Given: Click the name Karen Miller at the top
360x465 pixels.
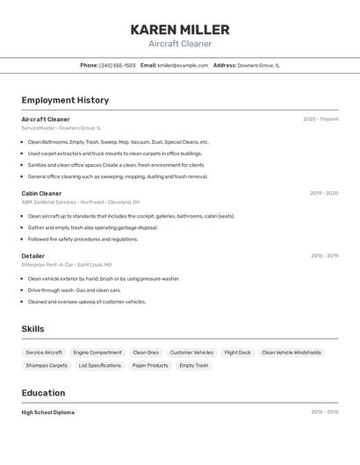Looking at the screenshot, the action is pos(180,30).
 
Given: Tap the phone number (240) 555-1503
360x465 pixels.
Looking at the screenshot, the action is pos(118,65).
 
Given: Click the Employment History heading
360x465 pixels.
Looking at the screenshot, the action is pos(65,100).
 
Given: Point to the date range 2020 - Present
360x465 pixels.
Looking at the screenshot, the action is pos(320,119).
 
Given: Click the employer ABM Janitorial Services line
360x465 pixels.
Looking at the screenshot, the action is pos(81,202).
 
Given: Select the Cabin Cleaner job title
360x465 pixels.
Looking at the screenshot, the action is pos(41,193).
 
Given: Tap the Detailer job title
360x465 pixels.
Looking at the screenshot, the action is pos(33,256).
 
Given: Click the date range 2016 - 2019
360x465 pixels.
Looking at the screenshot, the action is pos(324,256).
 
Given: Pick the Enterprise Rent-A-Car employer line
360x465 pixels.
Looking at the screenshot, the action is pos(67,264).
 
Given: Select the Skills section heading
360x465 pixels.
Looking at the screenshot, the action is pos(32,329).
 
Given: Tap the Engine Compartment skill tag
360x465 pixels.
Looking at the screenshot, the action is pos(97,352).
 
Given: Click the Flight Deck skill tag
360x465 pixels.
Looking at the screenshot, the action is pos(237,352).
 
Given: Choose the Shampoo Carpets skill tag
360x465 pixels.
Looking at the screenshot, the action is pos(47,365).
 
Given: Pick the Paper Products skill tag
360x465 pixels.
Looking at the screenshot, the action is pos(150,365).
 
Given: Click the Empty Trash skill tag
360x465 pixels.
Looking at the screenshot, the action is pos(194,365).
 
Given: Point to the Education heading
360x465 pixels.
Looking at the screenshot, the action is pos(43,393).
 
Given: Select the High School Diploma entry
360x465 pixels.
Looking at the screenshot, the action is pos(48,412).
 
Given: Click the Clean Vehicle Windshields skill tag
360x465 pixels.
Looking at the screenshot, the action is pos(292,352).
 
